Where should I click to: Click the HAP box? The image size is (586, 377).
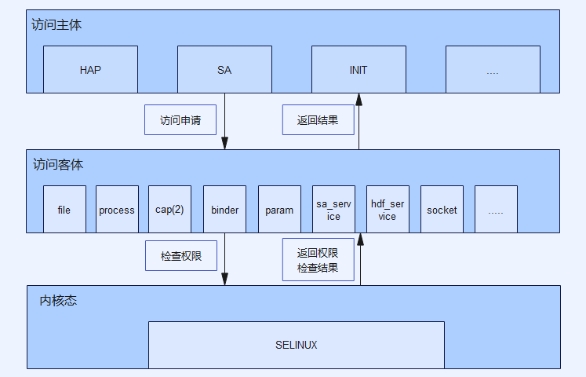pos(90,70)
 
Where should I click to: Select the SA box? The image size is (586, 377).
pos(224,70)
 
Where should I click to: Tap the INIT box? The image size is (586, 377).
pos(359,70)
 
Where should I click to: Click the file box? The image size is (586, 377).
pos(64,210)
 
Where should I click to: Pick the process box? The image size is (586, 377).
pos(117,210)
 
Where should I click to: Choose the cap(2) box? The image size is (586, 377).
pos(169,210)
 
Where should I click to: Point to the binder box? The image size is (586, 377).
pos(224,210)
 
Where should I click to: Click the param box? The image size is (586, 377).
pos(279,210)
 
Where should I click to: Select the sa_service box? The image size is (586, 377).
pos(333,210)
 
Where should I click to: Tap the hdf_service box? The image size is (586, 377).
pos(388,210)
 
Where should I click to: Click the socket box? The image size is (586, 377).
pos(442,210)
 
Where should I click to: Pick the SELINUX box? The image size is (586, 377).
pos(297,345)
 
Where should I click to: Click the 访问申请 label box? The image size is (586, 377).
pos(180,120)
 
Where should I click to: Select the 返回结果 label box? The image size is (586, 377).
pos(318,120)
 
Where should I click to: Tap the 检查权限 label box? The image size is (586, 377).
pos(181,256)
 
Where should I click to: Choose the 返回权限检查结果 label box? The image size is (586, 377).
pos(318,262)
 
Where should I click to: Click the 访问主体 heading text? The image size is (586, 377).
pos(56,25)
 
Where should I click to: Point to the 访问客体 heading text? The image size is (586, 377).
pos(58,165)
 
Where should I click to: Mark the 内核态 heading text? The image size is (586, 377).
pos(59,301)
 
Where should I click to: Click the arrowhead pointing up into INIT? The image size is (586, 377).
pos(359,99)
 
